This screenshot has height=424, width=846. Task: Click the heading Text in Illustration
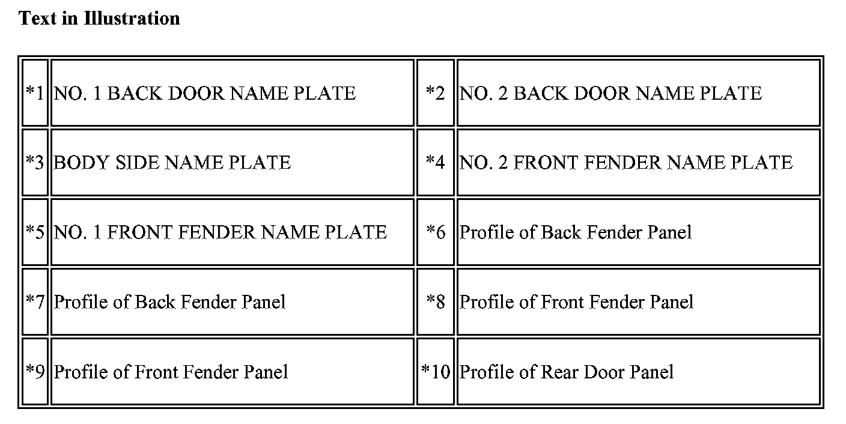(99, 19)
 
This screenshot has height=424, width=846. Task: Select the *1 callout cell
(35, 93)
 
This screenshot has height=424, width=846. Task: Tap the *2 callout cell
(436, 93)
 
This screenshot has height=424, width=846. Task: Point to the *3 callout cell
(35, 163)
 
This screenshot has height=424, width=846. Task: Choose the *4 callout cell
(436, 163)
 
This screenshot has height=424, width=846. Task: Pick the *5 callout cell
(35, 232)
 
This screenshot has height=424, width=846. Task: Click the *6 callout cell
(436, 232)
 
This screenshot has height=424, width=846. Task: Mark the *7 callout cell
(35, 301)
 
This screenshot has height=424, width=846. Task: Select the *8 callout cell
(436, 301)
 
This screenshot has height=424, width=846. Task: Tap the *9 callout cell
(35, 372)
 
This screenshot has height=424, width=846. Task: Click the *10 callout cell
(436, 372)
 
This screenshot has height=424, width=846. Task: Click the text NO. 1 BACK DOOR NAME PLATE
(204, 93)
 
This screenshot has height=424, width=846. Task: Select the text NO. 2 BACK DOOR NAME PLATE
(610, 93)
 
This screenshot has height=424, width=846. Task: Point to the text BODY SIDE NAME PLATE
(172, 163)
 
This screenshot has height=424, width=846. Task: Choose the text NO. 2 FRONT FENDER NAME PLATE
(626, 163)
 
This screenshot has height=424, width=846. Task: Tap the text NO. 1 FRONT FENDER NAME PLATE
(220, 232)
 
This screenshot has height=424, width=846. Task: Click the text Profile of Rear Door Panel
(567, 372)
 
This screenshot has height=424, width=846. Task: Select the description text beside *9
(171, 372)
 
